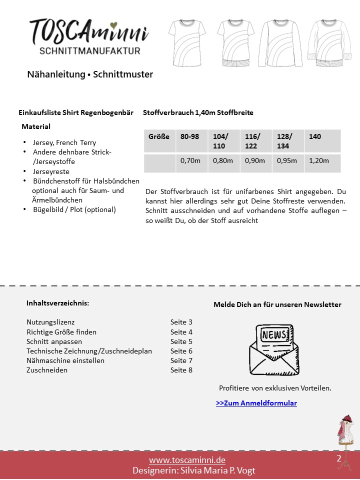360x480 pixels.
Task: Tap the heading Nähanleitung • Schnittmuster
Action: point(90,74)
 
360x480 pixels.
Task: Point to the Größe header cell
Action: point(159,136)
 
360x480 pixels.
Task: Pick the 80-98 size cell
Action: point(191,136)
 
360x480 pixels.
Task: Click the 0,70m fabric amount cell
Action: point(190,161)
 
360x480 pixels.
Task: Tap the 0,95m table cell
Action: point(287,161)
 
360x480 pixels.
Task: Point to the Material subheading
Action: point(36,127)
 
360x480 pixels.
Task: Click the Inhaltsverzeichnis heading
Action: point(58,303)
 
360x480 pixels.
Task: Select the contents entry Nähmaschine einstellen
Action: point(65,360)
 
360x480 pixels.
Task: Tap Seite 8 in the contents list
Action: point(181,370)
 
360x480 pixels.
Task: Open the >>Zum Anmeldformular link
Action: point(256,403)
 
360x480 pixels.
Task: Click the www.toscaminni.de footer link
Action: point(187,460)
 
